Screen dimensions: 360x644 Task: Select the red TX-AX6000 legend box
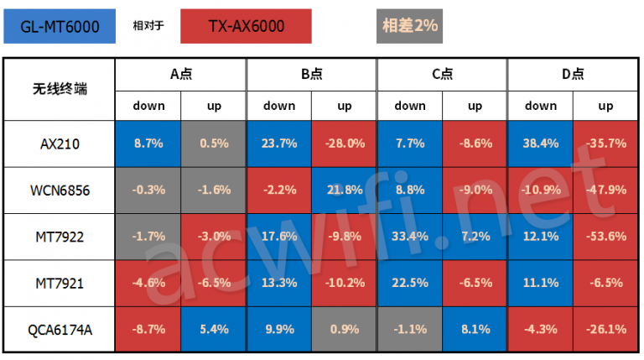point(247,26)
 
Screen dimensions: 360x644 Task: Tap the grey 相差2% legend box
point(409,26)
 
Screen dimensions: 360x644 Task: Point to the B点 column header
point(312,74)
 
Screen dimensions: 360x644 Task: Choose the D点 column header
point(574,74)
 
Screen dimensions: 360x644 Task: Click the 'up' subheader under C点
point(475,106)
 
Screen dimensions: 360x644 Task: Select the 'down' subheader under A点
point(148,106)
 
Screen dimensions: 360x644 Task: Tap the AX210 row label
point(59,143)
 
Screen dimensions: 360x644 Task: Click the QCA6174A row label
point(59,330)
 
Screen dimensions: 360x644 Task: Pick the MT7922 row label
point(59,237)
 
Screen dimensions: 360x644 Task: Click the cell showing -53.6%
point(606,237)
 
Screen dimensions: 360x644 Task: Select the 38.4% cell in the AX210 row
point(541,143)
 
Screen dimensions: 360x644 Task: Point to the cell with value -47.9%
point(606,190)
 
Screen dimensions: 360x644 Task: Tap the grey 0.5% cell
point(214,143)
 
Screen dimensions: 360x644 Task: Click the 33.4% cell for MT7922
point(410,237)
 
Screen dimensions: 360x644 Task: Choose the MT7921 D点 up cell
point(606,284)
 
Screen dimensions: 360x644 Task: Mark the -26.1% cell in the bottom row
point(606,330)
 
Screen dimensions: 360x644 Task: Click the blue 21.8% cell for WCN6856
point(345,190)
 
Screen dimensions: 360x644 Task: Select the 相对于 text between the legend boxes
point(148,26)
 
